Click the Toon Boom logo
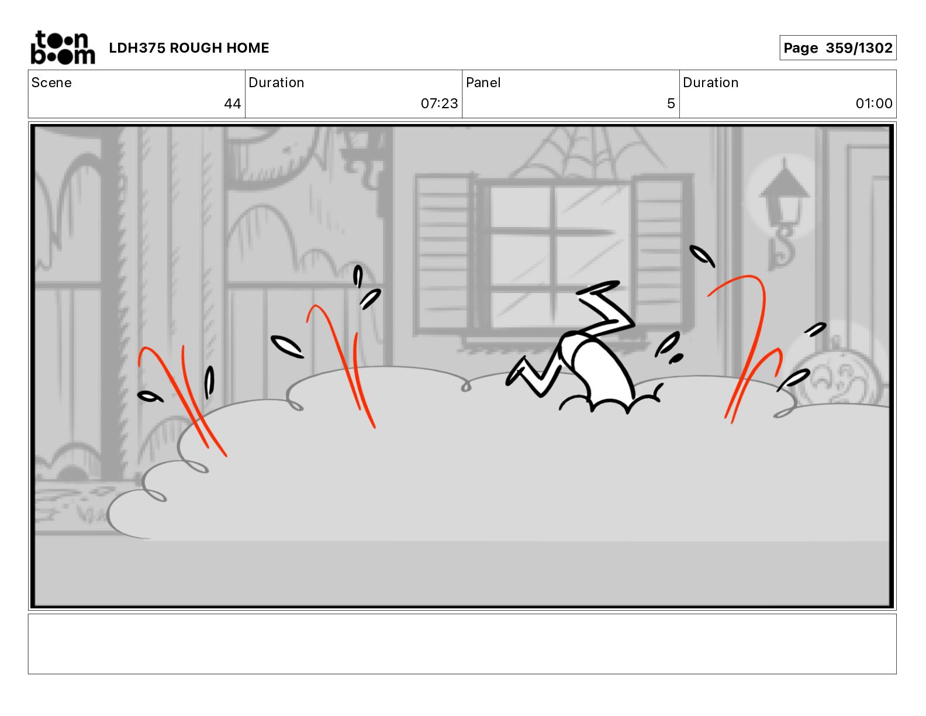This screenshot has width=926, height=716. [x=63, y=47]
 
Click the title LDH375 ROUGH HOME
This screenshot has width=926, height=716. [x=189, y=48]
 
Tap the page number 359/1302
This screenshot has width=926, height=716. [x=859, y=48]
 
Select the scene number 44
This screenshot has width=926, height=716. [x=232, y=104]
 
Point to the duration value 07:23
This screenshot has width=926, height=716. [x=439, y=104]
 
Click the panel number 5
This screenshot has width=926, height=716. [x=671, y=104]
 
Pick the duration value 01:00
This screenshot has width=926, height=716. [x=873, y=104]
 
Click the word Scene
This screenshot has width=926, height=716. [x=51, y=82]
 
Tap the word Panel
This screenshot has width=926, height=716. [x=483, y=82]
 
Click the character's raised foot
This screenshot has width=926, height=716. [x=598, y=287]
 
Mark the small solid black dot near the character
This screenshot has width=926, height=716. [x=676, y=359]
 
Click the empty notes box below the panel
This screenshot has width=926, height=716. [x=462, y=644]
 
